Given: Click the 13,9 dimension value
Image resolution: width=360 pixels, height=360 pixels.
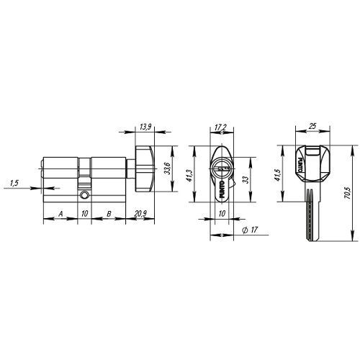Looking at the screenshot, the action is [145, 127].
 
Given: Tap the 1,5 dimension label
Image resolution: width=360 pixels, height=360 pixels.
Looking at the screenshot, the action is [14, 184].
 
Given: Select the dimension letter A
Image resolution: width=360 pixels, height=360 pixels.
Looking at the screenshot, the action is [61, 213].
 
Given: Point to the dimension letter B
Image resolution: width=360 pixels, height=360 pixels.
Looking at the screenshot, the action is [109, 213].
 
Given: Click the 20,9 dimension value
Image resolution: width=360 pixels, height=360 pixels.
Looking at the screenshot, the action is [140, 213].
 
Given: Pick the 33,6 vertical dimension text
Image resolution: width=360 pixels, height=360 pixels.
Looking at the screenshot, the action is [168, 168].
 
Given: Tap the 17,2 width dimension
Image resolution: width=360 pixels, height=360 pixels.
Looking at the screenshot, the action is [221, 127].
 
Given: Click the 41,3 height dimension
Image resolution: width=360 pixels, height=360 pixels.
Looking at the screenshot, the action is [189, 176].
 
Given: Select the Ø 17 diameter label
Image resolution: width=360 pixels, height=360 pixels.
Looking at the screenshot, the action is [250, 230].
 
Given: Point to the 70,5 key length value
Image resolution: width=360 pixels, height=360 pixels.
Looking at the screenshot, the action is [348, 193].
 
